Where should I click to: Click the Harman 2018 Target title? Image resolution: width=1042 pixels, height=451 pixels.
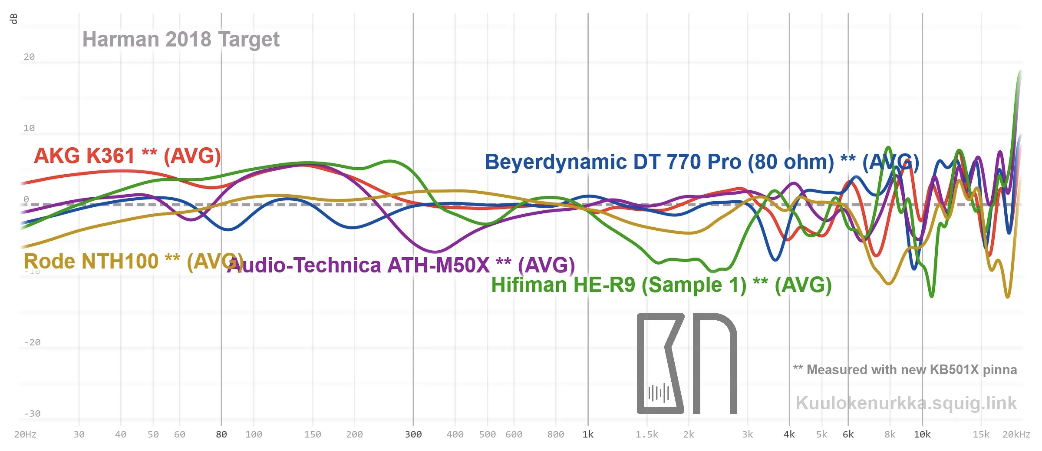181,40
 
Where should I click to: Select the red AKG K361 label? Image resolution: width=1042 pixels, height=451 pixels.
127,156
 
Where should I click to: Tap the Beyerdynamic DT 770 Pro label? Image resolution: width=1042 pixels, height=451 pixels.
702,162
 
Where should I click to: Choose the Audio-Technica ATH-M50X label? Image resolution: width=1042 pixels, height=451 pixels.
401,265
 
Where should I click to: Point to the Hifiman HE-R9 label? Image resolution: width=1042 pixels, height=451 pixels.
661,285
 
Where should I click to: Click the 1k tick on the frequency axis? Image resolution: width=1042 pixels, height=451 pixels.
588,434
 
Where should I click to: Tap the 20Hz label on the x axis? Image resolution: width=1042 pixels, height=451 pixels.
25,434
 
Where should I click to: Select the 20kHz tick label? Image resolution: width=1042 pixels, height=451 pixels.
1016,434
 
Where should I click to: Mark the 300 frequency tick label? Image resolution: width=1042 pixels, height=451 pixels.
413,434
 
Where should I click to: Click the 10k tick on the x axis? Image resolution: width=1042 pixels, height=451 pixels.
922,434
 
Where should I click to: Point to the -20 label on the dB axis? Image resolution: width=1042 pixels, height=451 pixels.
32,342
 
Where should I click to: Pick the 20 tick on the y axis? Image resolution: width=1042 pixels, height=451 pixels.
29,57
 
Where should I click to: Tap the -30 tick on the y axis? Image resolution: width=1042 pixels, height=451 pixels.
32,414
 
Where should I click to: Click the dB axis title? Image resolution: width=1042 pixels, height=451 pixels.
13,19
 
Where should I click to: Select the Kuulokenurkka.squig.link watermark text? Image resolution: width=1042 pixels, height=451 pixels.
906,403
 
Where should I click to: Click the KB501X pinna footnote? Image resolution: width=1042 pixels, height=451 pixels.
905,370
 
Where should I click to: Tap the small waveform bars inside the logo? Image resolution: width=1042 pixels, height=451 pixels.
658,393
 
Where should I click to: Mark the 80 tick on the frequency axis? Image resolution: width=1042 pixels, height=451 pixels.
221,434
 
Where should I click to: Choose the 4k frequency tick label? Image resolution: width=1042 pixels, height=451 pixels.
789,434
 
